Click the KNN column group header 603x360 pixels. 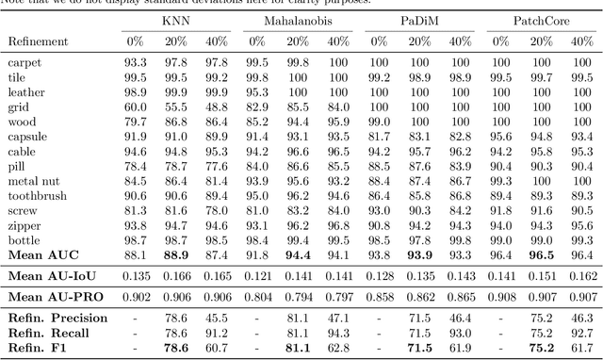(175, 20)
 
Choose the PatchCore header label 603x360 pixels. (540, 20)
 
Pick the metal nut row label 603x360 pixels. (33, 181)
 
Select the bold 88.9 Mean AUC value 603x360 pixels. (175, 254)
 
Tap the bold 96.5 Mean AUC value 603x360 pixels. (541, 254)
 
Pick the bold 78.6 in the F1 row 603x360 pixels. (175, 348)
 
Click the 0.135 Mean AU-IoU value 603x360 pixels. (136, 276)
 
